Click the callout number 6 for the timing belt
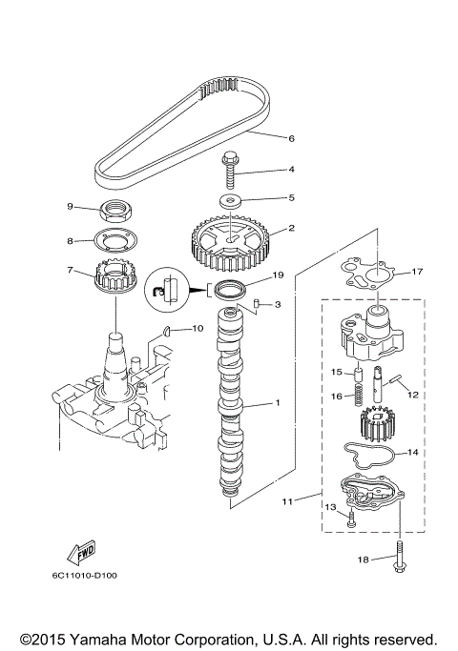pyautogui.click(x=291, y=138)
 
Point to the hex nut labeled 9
pyautogui.click(x=115, y=210)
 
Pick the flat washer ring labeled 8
pyautogui.click(x=115, y=240)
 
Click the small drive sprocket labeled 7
pyautogui.click(x=115, y=279)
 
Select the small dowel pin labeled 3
pyautogui.click(x=257, y=304)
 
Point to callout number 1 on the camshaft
pyautogui.click(x=278, y=403)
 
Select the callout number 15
pyautogui.click(x=336, y=372)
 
